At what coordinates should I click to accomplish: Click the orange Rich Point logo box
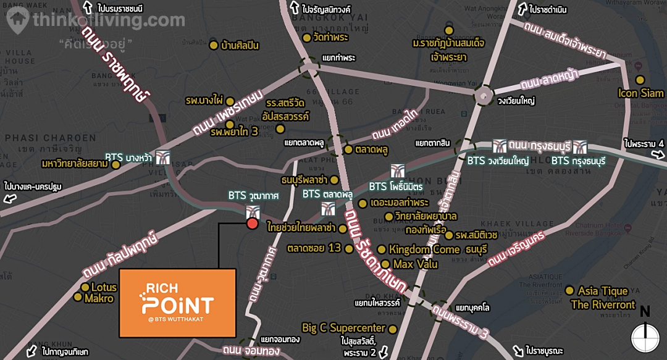coord(177,303)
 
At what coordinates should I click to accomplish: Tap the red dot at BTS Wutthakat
coord(252,223)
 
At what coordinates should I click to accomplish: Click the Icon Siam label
coord(641,93)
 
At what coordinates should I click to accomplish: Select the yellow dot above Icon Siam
coord(640,80)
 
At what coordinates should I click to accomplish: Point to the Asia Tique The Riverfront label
coord(603,298)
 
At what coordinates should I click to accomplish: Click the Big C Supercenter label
coord(343,328)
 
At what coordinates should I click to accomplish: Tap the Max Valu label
coord(415,264)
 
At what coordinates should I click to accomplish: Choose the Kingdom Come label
coord(424,249)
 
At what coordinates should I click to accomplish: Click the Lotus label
coord(104,287)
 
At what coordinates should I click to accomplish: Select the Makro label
coord(99,299)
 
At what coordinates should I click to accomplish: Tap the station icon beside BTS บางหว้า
coord(163,157)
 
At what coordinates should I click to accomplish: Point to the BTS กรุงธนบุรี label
coord(578,161)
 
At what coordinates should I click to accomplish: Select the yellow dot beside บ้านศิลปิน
coord(214,45)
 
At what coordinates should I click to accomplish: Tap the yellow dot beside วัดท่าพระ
coord(306,37)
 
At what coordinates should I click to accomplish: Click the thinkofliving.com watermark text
coord(109,20)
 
